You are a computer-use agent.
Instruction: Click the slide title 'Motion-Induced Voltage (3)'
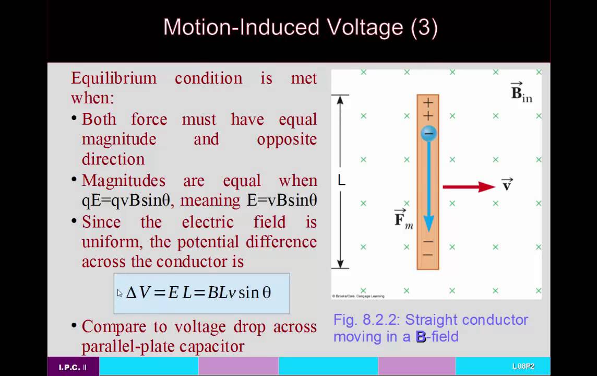point(300,27)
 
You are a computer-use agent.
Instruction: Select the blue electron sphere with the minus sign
point(428,134)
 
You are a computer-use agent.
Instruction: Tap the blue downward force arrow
point(428,188)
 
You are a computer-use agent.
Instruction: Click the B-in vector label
point(520,92)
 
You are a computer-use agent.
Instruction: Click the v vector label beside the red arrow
point(507,184)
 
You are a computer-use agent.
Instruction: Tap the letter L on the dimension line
point(341,181)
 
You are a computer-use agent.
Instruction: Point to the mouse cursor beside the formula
point(120,293)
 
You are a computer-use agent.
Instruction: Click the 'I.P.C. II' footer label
point(73,367)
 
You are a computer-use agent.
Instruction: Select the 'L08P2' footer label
point(523,367)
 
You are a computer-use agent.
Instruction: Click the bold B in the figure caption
point(421,337)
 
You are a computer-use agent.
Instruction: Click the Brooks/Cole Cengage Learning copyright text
point(359,296)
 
